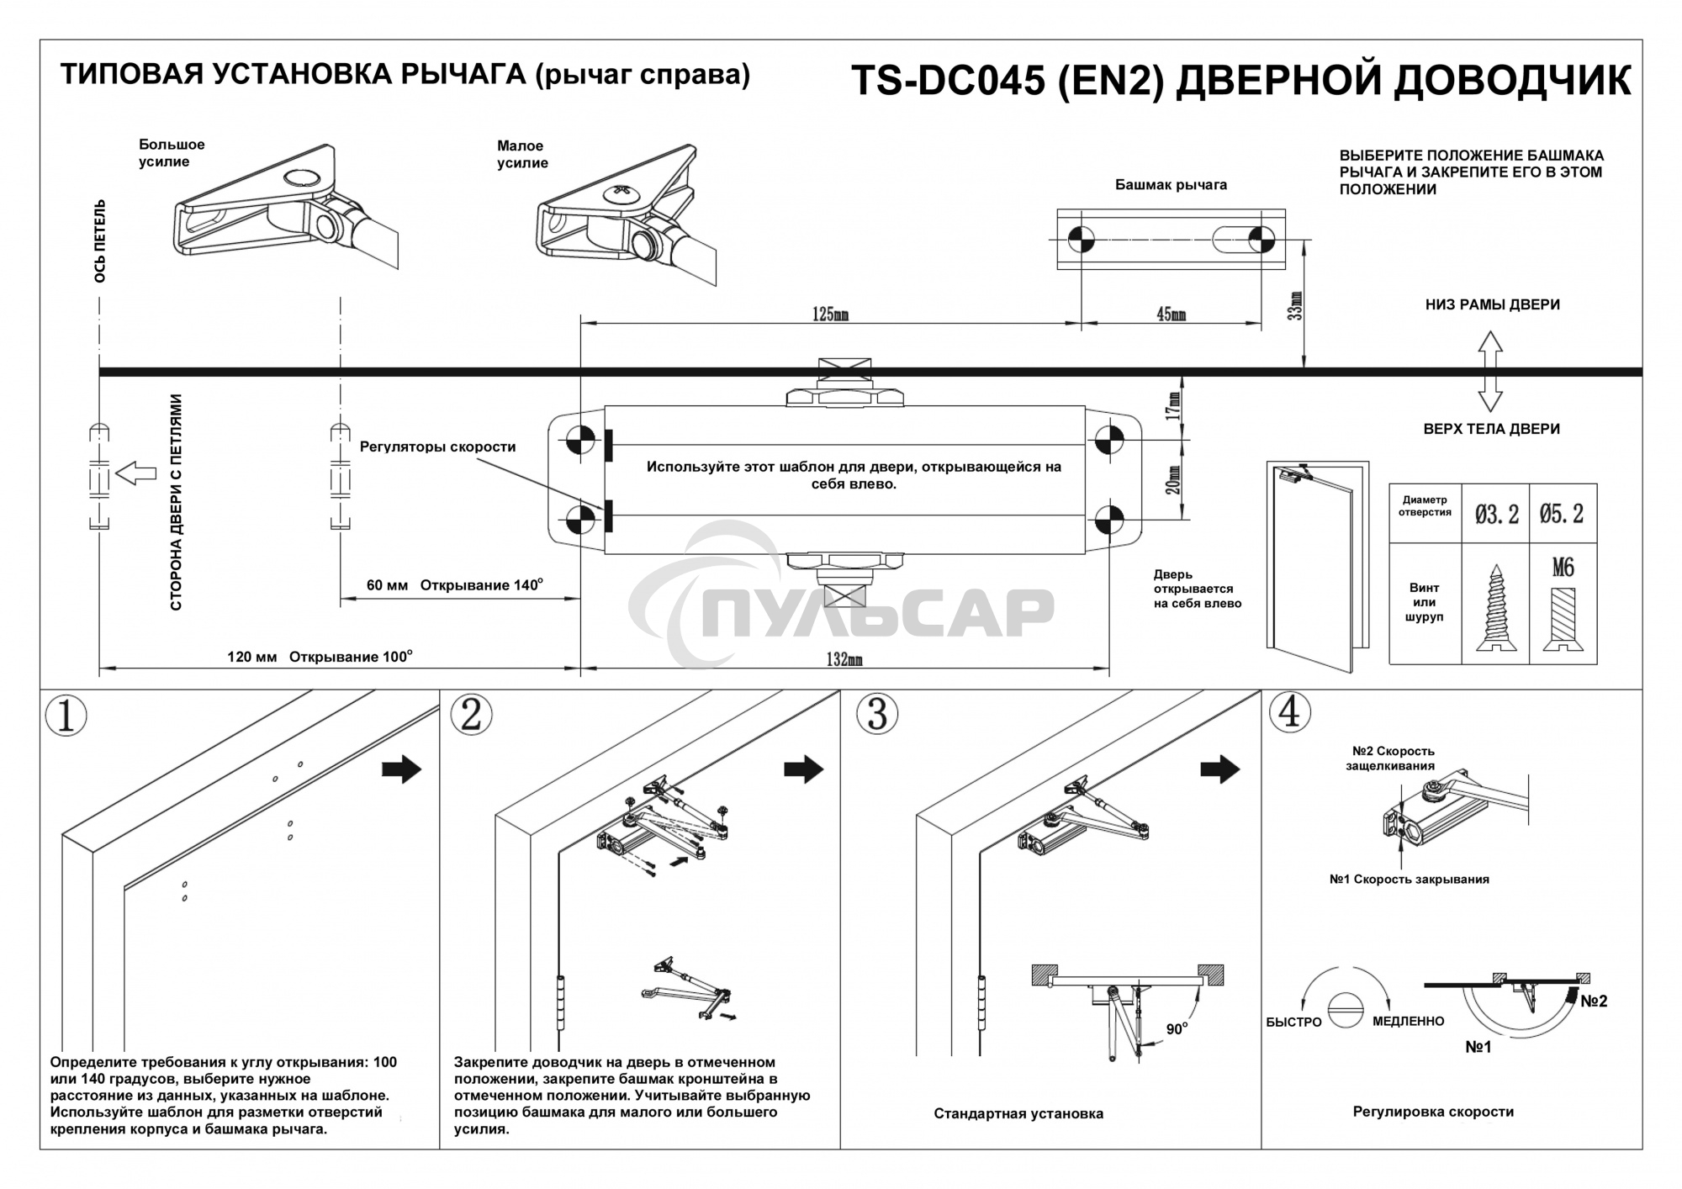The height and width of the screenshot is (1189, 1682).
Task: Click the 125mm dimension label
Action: [x=830, y=314]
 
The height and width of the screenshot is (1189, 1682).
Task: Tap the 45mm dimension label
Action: [x=1171, y=314]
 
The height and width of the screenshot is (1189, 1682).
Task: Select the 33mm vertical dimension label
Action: [x=1296, y=306]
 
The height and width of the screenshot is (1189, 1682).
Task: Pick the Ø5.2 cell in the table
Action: [x=1562, y=514]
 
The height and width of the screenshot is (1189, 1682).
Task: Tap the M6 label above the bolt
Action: [x=1563, y=568]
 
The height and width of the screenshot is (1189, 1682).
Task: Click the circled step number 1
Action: [x=66, y=716]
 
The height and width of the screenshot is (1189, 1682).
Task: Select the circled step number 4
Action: [x=1289, y=711]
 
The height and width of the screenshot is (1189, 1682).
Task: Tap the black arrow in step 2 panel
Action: [x=803, y=769]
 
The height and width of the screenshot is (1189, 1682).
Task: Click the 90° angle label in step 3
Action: [x=1176, y=1029]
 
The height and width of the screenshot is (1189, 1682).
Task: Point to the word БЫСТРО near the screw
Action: [x=1293, y=1022]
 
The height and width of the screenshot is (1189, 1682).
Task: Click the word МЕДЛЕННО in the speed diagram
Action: [x=1408, y=1021]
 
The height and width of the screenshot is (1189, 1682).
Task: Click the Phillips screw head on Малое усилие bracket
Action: [x=621, y=192]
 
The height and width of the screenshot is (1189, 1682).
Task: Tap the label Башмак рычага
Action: [x=1171, y=185]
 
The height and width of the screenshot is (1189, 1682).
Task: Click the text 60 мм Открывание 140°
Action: [x=454, y=585]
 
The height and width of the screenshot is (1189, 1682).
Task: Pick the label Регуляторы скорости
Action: [x=437, y=447]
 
